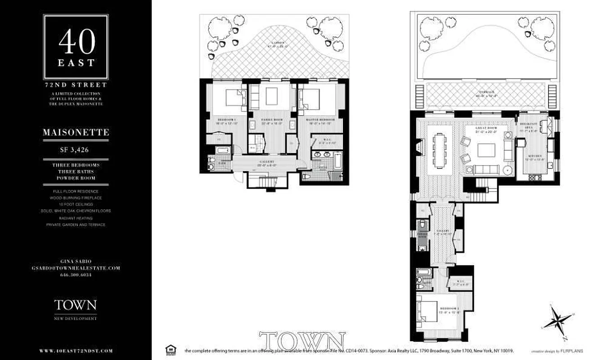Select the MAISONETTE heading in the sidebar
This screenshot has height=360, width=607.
coord(76,133)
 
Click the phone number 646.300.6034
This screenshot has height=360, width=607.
coord(76,274)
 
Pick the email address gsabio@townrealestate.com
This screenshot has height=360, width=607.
coord(76,268)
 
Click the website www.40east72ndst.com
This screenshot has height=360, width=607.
coord(76,351)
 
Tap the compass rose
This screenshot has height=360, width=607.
coord(558,322)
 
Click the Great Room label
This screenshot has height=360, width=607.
coord(486,128)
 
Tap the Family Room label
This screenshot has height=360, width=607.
coord(271,120)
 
